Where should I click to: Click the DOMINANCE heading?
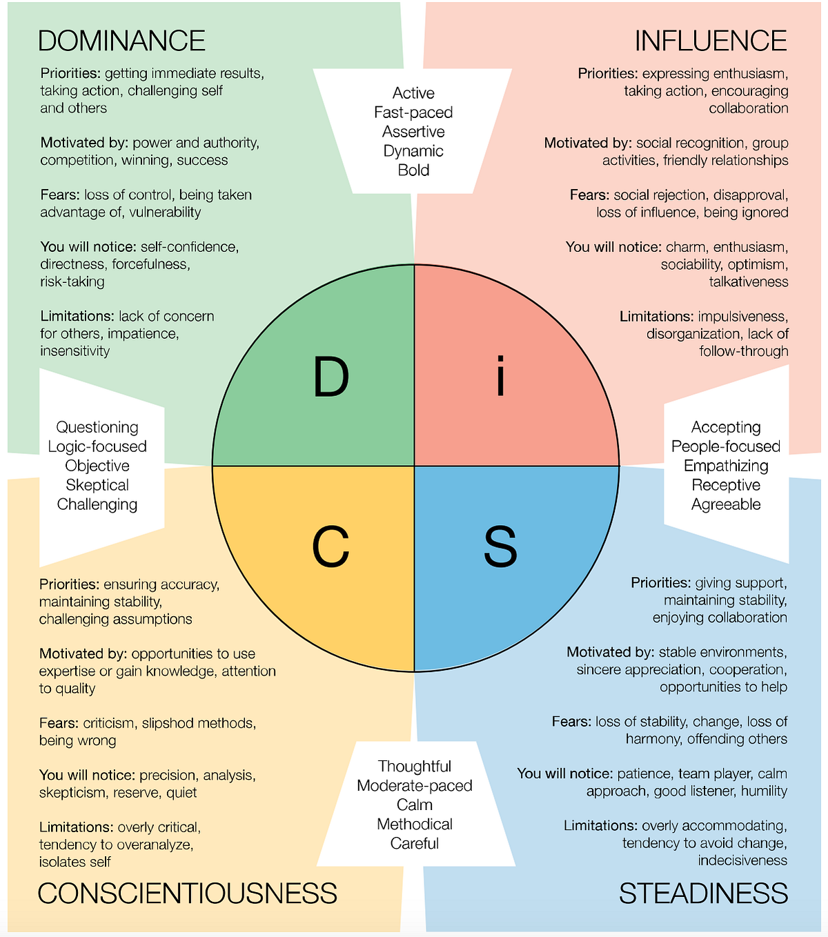point(121,41)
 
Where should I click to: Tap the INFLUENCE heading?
point(711,41)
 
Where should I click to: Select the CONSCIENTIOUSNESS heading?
point(187,894)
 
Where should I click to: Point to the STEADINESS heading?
point(703,894)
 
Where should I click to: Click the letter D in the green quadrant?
point(331,377)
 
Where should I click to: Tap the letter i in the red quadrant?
point(501,377)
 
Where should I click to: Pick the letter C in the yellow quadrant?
point(331,546)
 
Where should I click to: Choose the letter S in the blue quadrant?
point(500,546)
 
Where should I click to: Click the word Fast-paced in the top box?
point(413,112)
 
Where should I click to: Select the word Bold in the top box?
point(413,170)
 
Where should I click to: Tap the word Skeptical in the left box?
point(97,485)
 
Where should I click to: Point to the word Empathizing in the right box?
point(726,466)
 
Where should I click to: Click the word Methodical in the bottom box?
point(415,825)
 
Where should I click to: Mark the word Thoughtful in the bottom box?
point(415,767)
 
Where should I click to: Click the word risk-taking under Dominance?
point(72,282)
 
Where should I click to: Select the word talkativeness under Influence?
point(749,282)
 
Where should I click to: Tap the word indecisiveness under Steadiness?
point(742,860)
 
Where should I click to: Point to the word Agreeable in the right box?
point(726,504)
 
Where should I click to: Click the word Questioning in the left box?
point(97,427)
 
